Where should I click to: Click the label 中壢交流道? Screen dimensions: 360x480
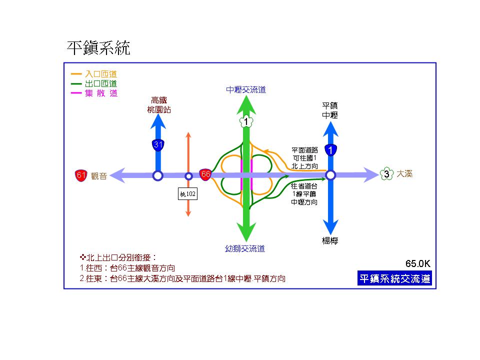point(245,90)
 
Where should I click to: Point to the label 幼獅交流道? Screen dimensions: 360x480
point(245,248)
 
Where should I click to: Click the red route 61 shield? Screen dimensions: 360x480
point(81,175)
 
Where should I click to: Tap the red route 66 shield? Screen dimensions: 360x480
point(205,174)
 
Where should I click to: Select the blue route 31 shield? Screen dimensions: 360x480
point(158,145)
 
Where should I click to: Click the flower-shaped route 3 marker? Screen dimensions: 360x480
point(386,174)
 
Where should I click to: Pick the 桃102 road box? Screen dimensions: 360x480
point(188,193)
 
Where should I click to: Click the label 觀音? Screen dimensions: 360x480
point(99,176)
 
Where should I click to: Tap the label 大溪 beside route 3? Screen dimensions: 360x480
point(404,174)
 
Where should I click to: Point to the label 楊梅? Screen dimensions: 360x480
point(330,240)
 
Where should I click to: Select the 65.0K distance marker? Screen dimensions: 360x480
point(418,263)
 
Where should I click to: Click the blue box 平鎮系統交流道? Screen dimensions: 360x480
point(394,278)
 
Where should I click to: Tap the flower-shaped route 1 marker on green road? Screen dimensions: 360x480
point(246,121)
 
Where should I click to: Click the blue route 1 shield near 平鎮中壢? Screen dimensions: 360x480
point(330,149)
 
